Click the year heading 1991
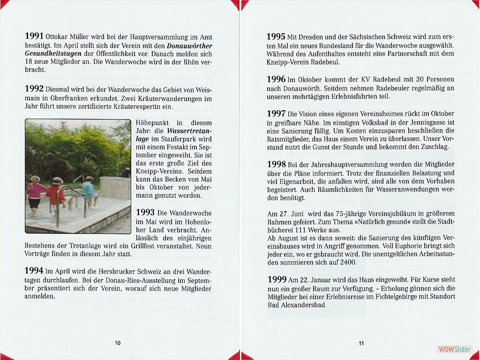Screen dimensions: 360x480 point(34,36)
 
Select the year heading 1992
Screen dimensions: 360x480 point(34,89)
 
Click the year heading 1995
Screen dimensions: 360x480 point(276,36)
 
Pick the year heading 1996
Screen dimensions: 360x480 point(276,79)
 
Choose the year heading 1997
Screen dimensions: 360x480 point(276,113)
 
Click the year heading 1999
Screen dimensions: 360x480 point(276,279)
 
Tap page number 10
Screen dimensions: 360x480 point(118,343)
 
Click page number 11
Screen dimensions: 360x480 point(361,343)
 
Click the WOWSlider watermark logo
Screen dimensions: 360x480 point(454,349)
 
